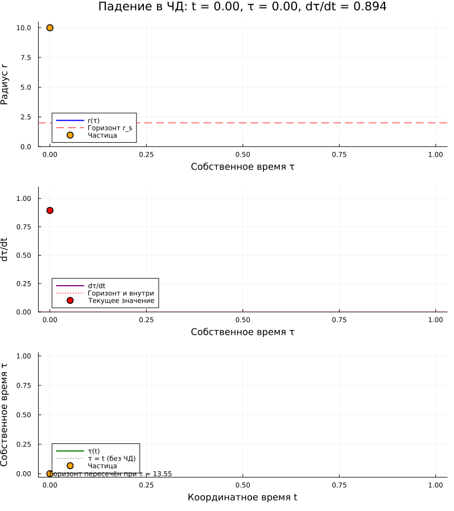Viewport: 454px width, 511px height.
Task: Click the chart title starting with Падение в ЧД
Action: [x=242, y=7]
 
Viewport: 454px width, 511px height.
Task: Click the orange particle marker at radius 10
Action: [x=49, y=27]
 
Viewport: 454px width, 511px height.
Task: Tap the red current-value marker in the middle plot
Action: [x=49, y=211]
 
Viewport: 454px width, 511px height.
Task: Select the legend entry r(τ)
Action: [x=94, y=121]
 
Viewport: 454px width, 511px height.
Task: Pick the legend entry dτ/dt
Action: [x=97, y=286]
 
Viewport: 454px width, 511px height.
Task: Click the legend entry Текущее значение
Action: [x=121, y=300]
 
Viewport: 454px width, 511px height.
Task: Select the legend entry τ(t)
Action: [x=94, y=451]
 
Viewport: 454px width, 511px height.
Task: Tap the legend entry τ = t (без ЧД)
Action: [x=112, y=459]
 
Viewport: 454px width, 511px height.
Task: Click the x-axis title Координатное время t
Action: [x=242, y=497]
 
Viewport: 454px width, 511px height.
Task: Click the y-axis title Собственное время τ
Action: [x=6, y=411]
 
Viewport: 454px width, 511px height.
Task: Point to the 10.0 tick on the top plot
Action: [x=24, y=28]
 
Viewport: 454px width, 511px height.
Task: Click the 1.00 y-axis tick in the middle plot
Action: [x=24, y=198]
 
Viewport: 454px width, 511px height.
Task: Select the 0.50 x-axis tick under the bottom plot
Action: [x=243, y=485]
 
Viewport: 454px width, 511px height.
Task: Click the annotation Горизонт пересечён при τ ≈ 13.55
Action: [x=112, y=474]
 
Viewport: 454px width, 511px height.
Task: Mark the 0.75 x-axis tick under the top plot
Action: [x=339, y=154]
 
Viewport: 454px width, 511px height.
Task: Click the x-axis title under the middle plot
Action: [x=242, y=332]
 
